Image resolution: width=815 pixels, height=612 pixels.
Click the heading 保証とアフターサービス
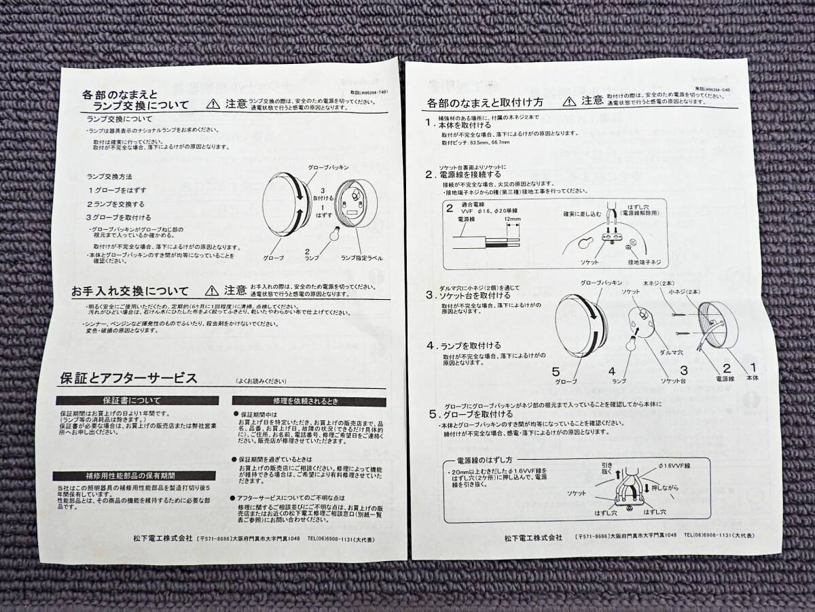click(129, 377)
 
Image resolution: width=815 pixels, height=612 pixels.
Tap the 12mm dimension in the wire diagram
click(513, 220)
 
